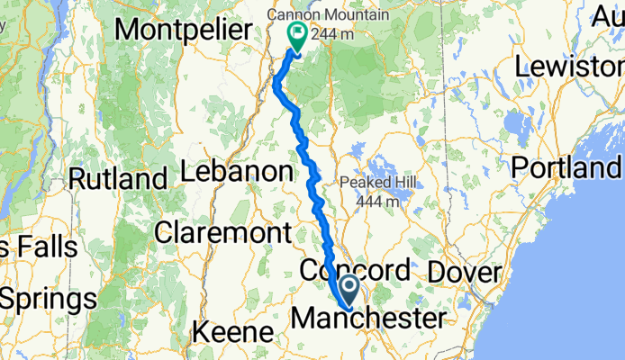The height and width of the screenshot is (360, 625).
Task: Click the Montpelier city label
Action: click(x=183, y=29)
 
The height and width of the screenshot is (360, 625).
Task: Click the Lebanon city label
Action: click(x=237, y=171)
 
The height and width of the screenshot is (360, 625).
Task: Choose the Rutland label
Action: click(x=118, y=178)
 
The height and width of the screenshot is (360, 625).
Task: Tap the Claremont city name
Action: click(x=222, y=233)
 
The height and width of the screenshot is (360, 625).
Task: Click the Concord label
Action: click(x=355, y=270)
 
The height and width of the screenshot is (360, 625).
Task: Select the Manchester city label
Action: click(x=369, y=319)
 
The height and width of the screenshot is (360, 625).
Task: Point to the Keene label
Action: click(x=231, y=333)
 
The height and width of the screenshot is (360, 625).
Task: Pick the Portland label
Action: click(x=567, y=168)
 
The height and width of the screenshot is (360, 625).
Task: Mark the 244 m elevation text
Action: click(x=333, y=36)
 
